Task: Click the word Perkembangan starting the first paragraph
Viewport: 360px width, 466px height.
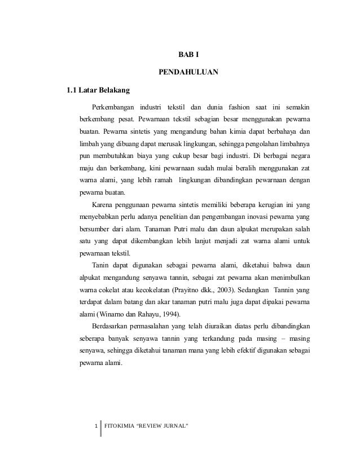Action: tap(113, 107)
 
